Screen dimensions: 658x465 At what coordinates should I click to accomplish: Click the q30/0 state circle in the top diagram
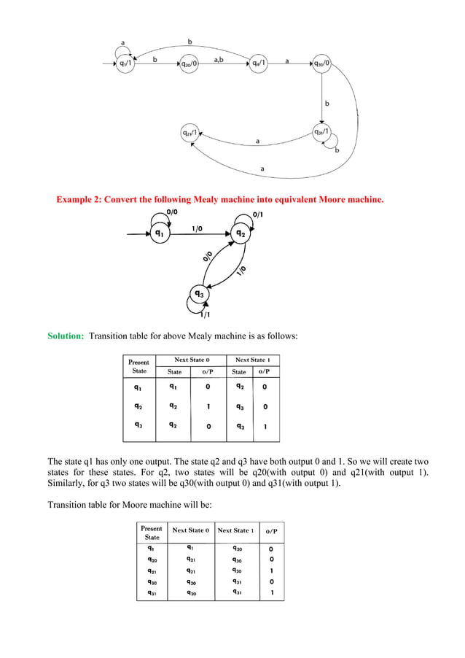[321, 63]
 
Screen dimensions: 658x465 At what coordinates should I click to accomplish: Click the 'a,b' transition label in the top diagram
[218, 60]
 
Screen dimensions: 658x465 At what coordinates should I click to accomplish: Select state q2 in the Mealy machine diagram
[241, 234]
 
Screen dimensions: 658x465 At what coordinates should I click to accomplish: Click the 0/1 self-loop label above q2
[259, 214]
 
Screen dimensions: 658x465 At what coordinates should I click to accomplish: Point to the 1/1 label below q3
[206, 314]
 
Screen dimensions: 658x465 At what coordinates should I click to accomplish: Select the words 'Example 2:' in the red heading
[79, 199]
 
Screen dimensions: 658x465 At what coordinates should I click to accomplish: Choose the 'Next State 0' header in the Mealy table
[192, 360]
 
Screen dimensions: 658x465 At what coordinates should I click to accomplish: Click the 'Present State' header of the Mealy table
[138, 366]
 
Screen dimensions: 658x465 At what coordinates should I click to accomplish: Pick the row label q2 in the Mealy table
[137, 406]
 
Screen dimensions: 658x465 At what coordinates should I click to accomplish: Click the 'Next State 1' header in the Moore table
[235, 530]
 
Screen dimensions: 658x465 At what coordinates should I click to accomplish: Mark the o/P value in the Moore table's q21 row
[271, 570]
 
